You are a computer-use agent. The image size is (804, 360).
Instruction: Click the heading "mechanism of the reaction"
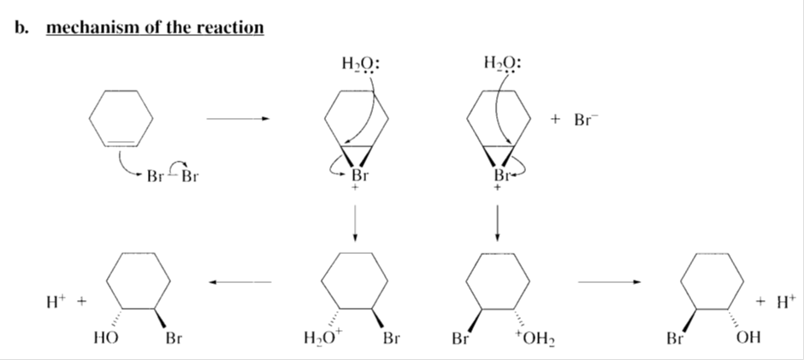[x=155, y=27]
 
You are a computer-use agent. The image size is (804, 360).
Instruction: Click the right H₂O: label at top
[x=502, y=63]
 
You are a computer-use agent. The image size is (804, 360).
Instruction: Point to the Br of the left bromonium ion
[x=359, y=176]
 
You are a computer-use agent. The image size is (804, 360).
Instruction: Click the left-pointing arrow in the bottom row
[x=239, y=282]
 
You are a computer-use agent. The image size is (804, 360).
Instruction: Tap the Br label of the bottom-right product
[x=676, y=338]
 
